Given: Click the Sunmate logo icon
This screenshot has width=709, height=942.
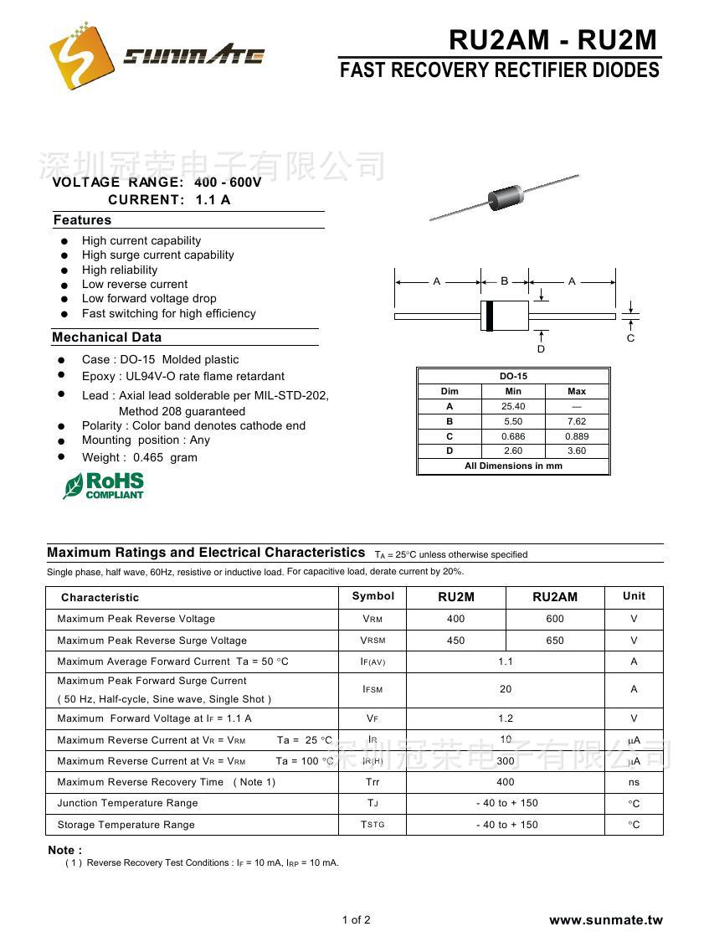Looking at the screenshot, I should tap(81, 55).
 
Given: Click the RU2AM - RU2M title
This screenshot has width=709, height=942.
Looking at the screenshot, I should tap(553, 39).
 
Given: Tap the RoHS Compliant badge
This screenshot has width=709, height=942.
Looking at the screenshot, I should tap(104, 486).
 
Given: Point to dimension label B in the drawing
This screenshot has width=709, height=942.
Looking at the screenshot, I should tap(505, 281).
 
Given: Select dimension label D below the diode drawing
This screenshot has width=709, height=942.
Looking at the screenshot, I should tap(541, 348).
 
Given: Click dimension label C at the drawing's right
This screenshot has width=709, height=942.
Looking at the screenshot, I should tap(630, 338).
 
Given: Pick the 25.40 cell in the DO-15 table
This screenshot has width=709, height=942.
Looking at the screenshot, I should tap(513, 407).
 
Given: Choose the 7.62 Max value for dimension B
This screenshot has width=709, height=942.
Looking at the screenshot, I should tap(576, 422).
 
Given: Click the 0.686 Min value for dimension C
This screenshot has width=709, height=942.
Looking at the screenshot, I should tap(513, 436).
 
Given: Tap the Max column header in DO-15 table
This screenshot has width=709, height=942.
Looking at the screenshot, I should tap(576, 392).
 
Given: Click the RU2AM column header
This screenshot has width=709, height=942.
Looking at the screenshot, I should tap(554, 597).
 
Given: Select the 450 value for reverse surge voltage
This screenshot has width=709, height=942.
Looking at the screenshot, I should tap(455, 641).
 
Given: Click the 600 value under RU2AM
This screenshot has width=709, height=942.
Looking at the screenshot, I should tap(554, 619).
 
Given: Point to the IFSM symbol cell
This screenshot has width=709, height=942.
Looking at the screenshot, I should tap(372, 689).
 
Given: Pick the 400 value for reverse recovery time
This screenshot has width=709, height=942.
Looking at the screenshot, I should tap(505, 782).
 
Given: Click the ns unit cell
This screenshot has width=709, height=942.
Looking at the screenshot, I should tap(634, 782).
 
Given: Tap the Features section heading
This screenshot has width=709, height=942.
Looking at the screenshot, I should tap(82, 220).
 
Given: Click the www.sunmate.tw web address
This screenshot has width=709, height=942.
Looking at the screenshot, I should tap(605, 920).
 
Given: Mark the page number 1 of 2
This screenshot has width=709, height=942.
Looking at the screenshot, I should tap(356, 920).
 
